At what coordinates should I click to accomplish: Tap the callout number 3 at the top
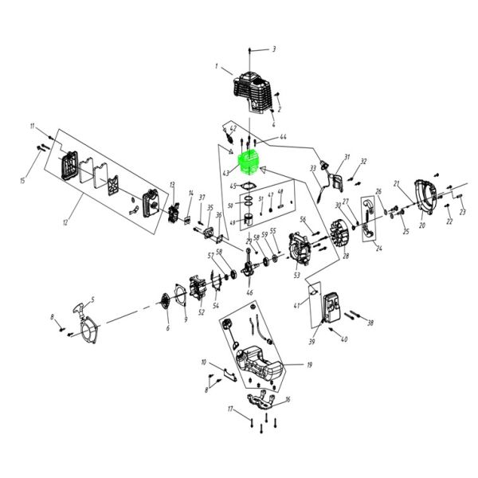[x=274, y=49]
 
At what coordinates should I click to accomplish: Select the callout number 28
[x=346, y=257]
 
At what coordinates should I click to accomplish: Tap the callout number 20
[x=422, y=225]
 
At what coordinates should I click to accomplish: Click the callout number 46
[x=250, y=293]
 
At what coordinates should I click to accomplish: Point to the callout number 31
[x=347, y=156]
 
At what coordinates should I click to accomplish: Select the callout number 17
[x=230, y=409]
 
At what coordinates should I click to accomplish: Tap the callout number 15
[x=23, y=182]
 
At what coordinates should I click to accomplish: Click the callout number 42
[x=233, y=128]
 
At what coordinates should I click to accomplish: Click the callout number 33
[x=311, y=168]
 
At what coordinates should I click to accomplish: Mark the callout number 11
[x=33, y=127]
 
